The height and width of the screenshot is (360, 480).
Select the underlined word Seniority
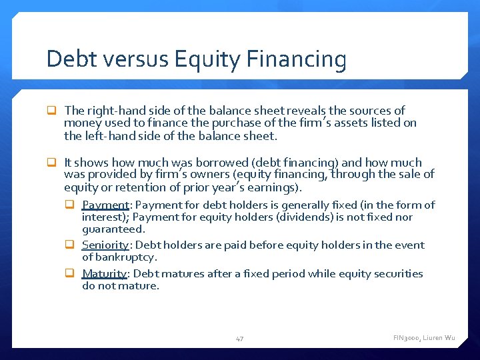(x=105, y=245)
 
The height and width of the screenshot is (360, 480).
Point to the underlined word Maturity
(x=104, y=273)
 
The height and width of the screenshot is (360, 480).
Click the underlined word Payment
(x=105, y=205)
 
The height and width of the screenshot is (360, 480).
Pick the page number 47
(x=239, y=339)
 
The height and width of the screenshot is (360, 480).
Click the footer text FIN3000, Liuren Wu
(x=424, y=338)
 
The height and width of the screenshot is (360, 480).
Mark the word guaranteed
(x=113, y=229)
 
